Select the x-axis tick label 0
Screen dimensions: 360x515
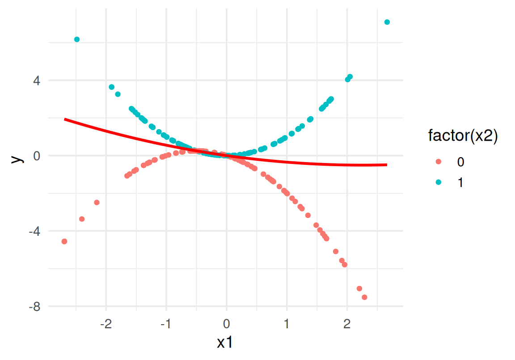227,323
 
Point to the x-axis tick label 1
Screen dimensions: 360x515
287,323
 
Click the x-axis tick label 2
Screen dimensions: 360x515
347,323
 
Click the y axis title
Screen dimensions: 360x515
16,157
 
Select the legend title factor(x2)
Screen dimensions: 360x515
463,136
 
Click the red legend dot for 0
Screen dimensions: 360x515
438,162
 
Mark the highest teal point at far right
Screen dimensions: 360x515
387,22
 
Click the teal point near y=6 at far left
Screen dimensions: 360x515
77,39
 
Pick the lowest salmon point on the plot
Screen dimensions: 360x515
364,297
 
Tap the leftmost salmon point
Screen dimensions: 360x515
64,242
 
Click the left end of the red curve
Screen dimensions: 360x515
65,119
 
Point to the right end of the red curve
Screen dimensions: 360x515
387,165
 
